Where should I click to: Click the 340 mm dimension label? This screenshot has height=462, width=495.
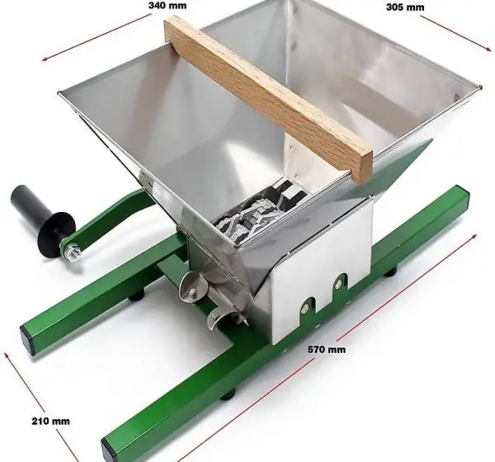pos(167,6)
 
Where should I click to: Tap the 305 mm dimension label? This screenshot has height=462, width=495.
pos(405,7)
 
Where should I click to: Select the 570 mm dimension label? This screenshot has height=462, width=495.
pos(327,350)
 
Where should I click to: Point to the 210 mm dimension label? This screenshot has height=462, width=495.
pos(50,421)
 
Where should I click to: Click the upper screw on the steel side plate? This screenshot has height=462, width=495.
pos(340,280)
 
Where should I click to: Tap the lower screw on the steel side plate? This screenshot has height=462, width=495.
pos(305,305)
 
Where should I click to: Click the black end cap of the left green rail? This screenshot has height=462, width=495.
pos(27,339)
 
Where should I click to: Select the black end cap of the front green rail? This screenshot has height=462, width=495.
pos(108,450)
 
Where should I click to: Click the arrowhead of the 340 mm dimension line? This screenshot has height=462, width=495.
pos(45,58)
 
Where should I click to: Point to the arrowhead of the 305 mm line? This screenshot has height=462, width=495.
pos(488,49)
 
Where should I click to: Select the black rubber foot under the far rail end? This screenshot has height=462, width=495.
pos(391,271)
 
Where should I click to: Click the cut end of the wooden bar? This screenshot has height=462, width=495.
pos(363,167)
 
